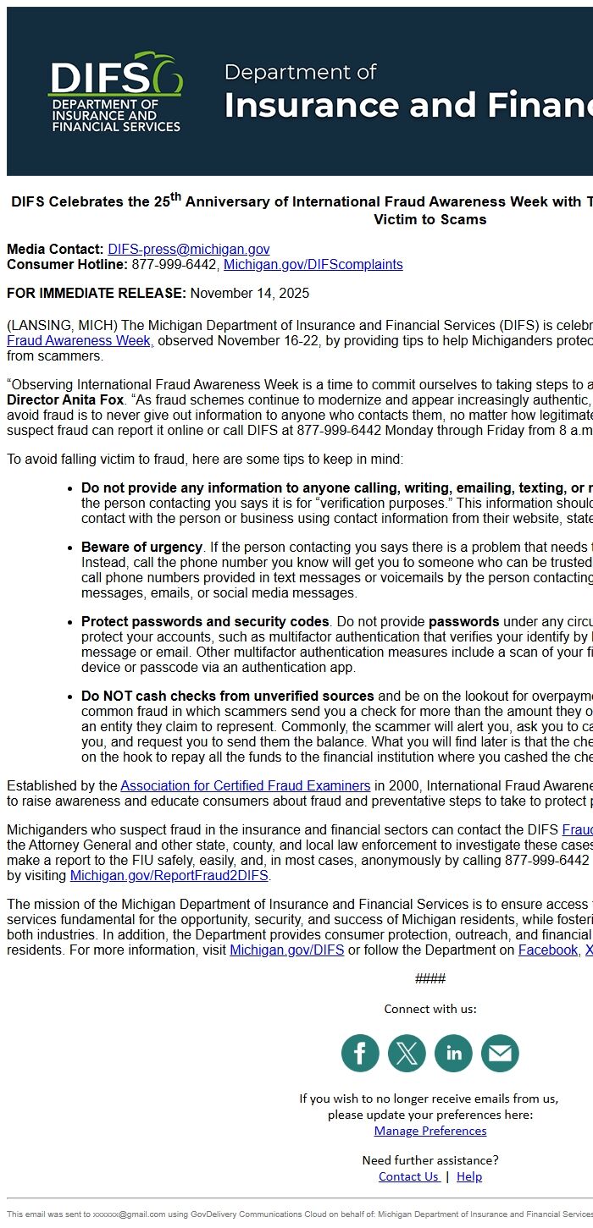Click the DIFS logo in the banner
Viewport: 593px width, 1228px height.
point(115,92)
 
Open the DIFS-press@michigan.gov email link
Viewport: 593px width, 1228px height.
point(188,249)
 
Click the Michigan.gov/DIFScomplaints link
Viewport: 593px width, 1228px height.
point(313,264)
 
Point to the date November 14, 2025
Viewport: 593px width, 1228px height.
point(249,294)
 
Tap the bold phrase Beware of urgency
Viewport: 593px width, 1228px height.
point(141,547)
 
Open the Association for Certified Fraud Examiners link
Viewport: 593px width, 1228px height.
point(245,785)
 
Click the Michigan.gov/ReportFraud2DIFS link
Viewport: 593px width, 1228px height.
point(169,875)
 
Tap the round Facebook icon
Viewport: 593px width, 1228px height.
point(360,1053)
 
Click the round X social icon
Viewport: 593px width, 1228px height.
point(407,1053)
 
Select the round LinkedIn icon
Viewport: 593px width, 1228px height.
point(453,1053)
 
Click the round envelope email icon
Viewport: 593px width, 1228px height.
point(500,1053)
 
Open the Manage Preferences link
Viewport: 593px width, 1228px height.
point(430,1131)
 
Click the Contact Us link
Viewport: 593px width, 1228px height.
point(408,1176)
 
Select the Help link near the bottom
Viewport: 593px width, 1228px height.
point(469,1176)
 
